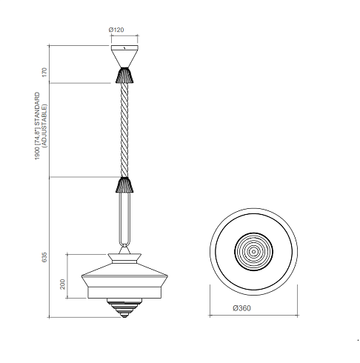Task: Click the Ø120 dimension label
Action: coord(116,30)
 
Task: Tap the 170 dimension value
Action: coord(44,72)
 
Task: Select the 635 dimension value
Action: coord(44,257)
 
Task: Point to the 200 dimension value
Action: coord(63,284)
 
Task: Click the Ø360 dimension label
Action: coord(241,308)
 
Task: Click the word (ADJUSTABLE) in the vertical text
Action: coord(44,126)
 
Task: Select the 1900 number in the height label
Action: coord(37,153)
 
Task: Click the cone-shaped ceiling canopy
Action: coord(124,56)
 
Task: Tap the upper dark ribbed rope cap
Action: coord(124,76)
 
